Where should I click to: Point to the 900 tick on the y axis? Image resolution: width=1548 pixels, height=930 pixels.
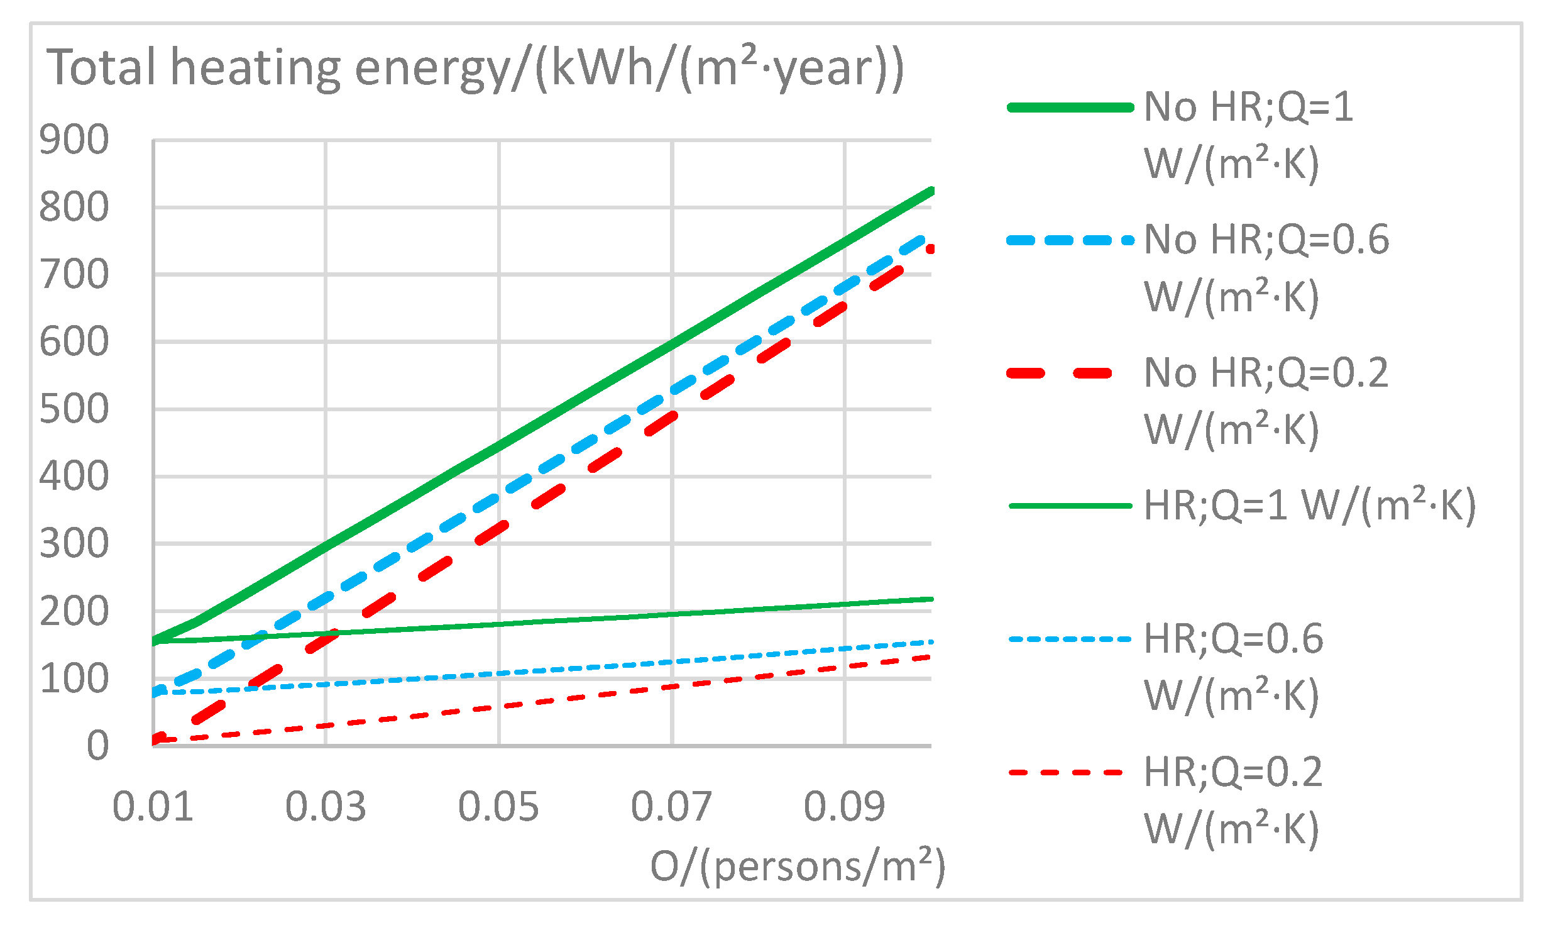click(74, 140)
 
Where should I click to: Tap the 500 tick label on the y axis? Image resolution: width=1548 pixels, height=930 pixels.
click(74, 409)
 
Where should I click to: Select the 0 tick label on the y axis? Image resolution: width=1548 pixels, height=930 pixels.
click(97, 746)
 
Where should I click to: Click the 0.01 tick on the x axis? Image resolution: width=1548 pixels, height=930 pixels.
click(153, 806)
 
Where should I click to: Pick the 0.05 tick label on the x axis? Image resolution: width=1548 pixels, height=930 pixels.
click(498, 806)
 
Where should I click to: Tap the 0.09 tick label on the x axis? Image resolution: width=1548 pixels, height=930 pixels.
click(844, 806)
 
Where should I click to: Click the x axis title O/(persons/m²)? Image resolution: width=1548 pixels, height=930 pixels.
click(798, 866)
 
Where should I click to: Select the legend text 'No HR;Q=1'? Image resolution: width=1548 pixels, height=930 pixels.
click(1248, 107)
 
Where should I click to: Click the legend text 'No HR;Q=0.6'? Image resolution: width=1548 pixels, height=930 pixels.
click(1266, 240)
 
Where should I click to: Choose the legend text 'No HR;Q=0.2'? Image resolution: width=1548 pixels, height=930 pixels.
click(1266, 373)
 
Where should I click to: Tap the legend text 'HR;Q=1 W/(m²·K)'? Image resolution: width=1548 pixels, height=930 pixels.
click(1309, 506)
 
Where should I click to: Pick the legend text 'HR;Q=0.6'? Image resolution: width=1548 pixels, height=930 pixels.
click(1233, 639)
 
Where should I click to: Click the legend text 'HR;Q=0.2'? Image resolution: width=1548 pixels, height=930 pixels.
click(1233, 772)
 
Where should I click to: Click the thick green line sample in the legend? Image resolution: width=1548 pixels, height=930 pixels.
click(1070, 108)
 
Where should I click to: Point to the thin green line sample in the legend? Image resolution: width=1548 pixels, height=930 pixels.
click(1070, 506)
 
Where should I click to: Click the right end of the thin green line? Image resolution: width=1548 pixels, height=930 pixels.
click(931, 599)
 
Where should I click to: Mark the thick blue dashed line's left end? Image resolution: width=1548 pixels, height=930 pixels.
click(155, 692)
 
